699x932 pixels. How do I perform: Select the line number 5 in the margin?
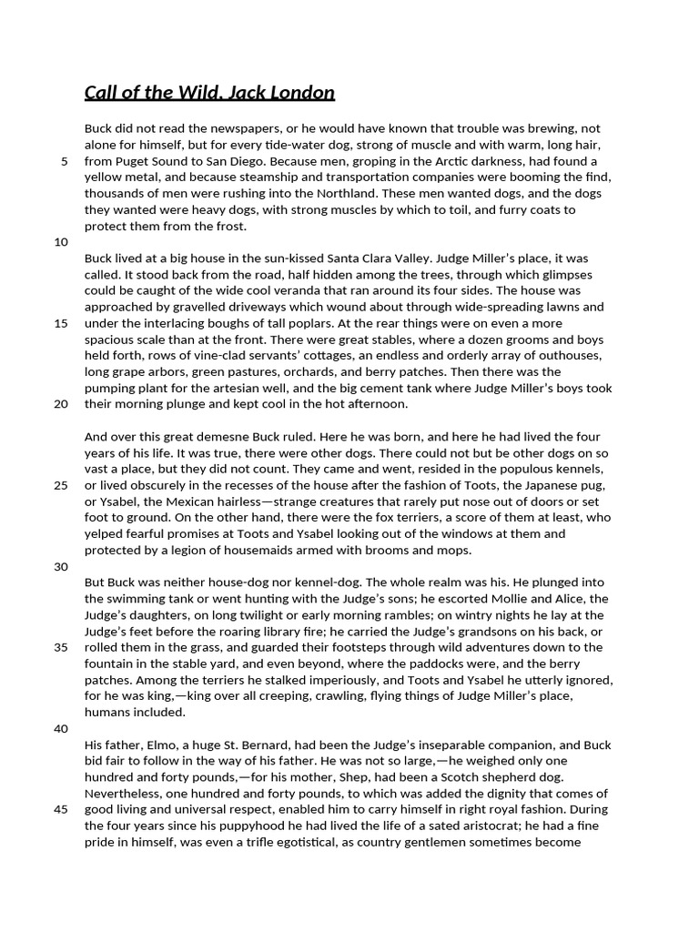[64, 161]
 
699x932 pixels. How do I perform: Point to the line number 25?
[61, 485]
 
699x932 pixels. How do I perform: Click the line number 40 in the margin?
[61, 728]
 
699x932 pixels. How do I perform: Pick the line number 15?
[61, 323]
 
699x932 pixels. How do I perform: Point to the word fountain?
[111, 664]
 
